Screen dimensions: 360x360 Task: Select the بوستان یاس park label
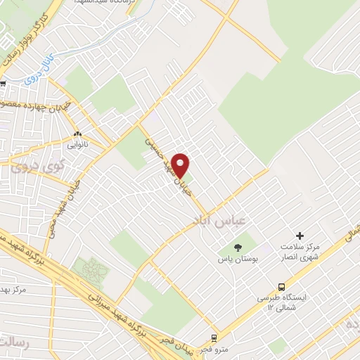[x=236, y=259]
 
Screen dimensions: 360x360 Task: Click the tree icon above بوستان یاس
[x=237, y=247]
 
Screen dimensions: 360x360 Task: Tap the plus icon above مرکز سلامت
[x=300, y=236]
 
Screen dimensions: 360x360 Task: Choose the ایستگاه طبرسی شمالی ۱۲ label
[x=282, y=303]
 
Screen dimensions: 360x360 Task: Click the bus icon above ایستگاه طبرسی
[x=281, y=287]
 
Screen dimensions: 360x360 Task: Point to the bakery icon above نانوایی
[x=77, y=134]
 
